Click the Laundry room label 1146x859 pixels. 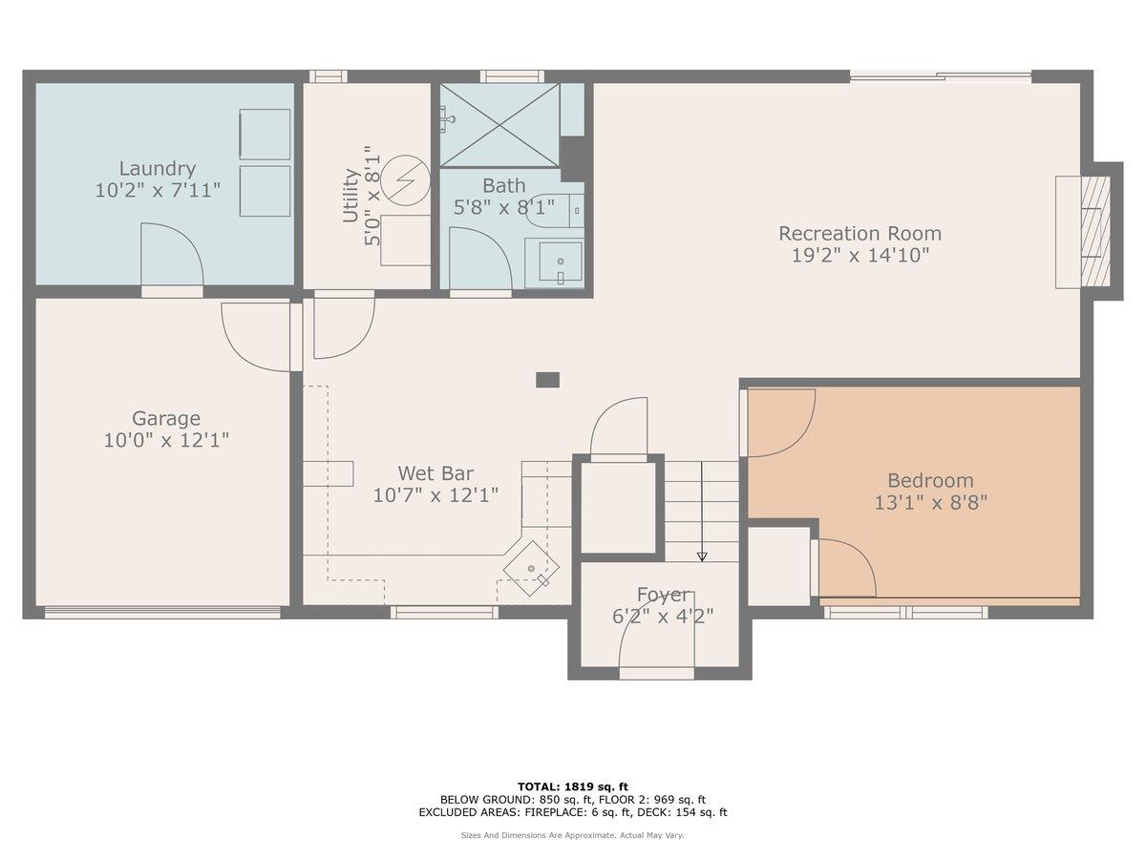pyautogui.click(x=158, y=169)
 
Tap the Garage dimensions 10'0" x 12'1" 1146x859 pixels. pyautogui.click(x=166, y=440)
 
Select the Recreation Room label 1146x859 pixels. pyautogui.click(x=859, y=233)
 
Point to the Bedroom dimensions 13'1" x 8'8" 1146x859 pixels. pyautogui.click(x=930, y=502)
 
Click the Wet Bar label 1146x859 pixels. pyautogui.click(x=435, y=472)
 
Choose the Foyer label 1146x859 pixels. pyautogui.click(x=662, y=595)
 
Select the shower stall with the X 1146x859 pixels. pyautogui.click(x=499, y=124)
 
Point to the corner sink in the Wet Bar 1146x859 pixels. pyautogui.click(x=531, y=569)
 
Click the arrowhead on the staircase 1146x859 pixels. pyautogui.click(x=702, y=555)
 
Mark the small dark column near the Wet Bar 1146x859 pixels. pyautogui.click(x=547, y=380)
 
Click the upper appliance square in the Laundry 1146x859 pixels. pyautogui.click(x=264, y=134)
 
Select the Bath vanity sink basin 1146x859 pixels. pyautogui.click(x=561, y=261)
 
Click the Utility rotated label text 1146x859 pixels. pyautogui.click(x=350, y=196)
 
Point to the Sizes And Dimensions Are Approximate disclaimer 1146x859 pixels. pyautogui.click(x=573, y=835)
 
